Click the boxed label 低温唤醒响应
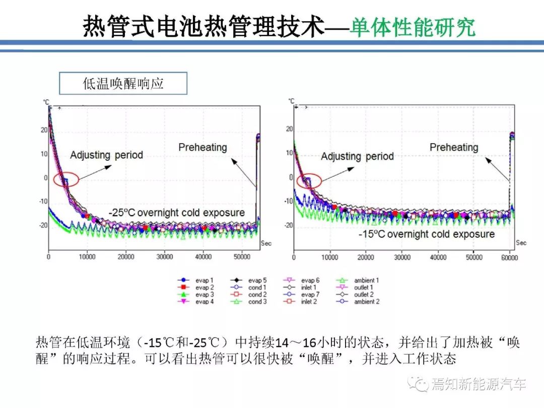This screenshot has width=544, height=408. pyautogui.click(x=123, y=84)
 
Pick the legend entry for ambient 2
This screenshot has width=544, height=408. pyautogui.click(x=360, y=302)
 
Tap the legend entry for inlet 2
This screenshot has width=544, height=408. pyautogui.click(x=302, y=302)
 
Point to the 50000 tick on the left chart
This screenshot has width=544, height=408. pyautogui.click(x=242, y=257)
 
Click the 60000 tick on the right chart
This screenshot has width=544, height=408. pyautogui.click(x=509, y=257)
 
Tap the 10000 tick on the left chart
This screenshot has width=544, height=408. pyautogui.click(x=87, y=257)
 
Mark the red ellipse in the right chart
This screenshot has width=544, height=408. pyautogui.click(x=307, y=181)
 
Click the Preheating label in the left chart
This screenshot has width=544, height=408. pyautogui.click(x=202, y=148)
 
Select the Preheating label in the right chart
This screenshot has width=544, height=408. pyautogui.click(x=453, y=148)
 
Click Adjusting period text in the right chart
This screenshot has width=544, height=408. pyautogui.click(x=357, y=157)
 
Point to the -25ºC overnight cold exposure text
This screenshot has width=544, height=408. pyautogui.click(x=176, y=213)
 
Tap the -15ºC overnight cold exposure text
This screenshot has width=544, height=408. pyautogui.click(x=426, y=234)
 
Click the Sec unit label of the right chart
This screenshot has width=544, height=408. pyautogui.click(x=521, y=243)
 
